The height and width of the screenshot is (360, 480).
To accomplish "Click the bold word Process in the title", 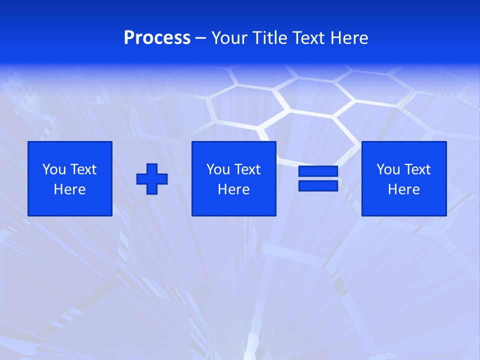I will [157, 37].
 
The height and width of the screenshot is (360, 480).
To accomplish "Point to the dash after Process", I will [201, 38].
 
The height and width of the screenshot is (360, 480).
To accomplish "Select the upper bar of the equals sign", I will [318, 171].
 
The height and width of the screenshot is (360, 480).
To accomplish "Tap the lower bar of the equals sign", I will [318, 185].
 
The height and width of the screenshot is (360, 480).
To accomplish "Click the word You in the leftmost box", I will [54, 169].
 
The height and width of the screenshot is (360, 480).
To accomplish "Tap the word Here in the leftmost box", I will [70, 189].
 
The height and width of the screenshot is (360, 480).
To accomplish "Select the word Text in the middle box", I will [247, 169].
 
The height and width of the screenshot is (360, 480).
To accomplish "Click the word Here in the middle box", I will [233, 189].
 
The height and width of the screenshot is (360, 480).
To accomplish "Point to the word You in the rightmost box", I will [388, 169].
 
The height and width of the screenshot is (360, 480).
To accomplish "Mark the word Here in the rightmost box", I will [403, 189].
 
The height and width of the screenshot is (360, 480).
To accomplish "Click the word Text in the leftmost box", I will [83, 169].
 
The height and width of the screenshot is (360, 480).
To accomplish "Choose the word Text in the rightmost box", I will [417, 169].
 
